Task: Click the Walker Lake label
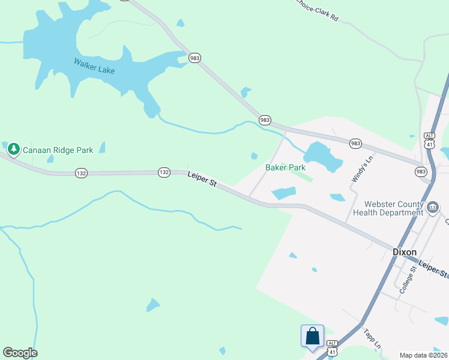[x=94, y=65]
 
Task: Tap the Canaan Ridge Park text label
[x=58, y=150]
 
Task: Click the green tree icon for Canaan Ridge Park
[x=14, y=149]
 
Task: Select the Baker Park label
[x=286, y=167]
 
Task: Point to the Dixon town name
[x=404, y=252]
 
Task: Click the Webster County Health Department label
[x=388, y=208]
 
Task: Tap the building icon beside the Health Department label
[x=433, y=207]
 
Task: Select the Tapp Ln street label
[x=372, y=338]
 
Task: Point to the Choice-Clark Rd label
[x=316, y=10]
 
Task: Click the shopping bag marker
[x=312, y=335]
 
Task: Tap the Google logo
[x=20, y=353]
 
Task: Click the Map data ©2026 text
[x=424, y=355]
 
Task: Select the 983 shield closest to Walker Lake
[x=194, y=58]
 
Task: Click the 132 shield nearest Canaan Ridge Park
[x=82, y=173]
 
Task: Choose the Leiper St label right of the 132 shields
[x=201, y=179]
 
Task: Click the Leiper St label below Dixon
[x=433, y=269]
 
